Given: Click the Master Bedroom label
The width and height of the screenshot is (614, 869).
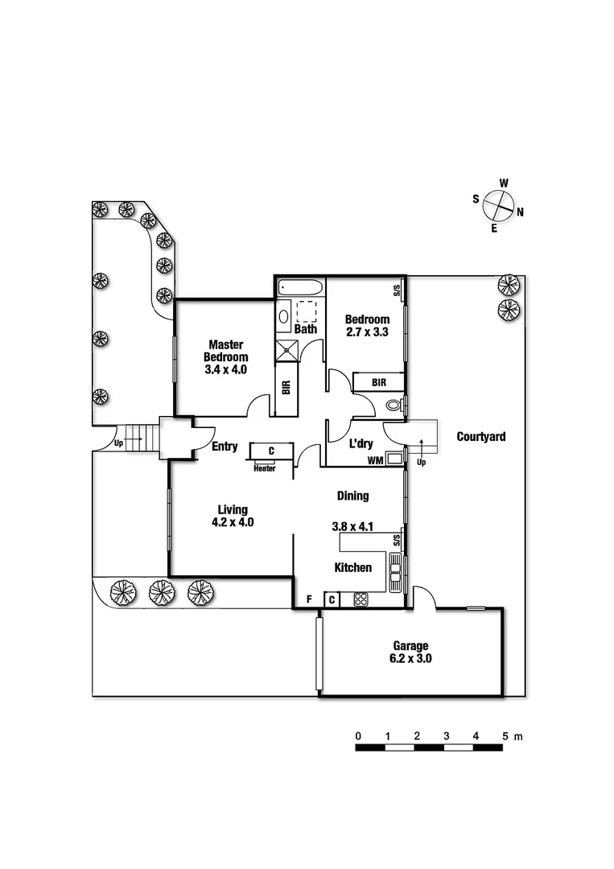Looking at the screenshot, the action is pyautogui.click(x=225, y=351).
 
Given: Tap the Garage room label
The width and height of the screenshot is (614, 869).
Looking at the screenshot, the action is pyautogui.click(x=410, y=645).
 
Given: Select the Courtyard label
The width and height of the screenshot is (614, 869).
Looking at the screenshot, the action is pyautogui.click(x=481, y=437).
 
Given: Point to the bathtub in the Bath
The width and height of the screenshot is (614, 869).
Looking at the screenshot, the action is pyautogui.click(x=300, y=287).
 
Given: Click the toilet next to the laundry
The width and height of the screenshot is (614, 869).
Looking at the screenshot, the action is pyautogui.click(x=394, y=405).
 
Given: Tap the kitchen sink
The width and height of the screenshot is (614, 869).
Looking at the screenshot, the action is pyautogui.click(x=395, y=573).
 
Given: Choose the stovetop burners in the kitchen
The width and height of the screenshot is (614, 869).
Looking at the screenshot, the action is pyautogui.click(x=361, y=599).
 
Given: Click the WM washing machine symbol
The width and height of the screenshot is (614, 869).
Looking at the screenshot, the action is pyautogui.click(x=394, y=459).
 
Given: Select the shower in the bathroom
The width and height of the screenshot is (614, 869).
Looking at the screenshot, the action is pyautogui.click(x=287, y=350).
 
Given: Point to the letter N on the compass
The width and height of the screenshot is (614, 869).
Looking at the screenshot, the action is pyautogui.click(x=520, y=212).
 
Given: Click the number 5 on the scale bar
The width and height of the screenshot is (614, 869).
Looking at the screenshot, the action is pyautogui.click(x=505, y=736).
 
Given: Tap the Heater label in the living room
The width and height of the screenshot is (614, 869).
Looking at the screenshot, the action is pyautogui.click(x=264, y=469).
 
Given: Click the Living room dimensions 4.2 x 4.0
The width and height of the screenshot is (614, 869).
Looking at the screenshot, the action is pyautogui.click(x=233, y=522).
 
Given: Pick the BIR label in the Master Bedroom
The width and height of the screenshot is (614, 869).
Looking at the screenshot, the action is pyautogui.click(x=286, y=387).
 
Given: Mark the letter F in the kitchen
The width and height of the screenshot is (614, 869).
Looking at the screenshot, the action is pyautogui.click(x=309, y=599).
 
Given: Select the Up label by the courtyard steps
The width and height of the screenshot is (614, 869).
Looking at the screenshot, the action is pyautogui.click(x=421, y=462).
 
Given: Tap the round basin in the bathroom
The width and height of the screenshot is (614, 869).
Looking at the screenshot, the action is pyautogui.click(x=283, y=317).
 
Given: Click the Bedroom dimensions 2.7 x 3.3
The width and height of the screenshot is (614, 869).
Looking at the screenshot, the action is pyautogui.click(x=367, y=332).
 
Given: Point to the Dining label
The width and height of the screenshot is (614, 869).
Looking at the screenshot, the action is pyautogui.click(x=353, y=496).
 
